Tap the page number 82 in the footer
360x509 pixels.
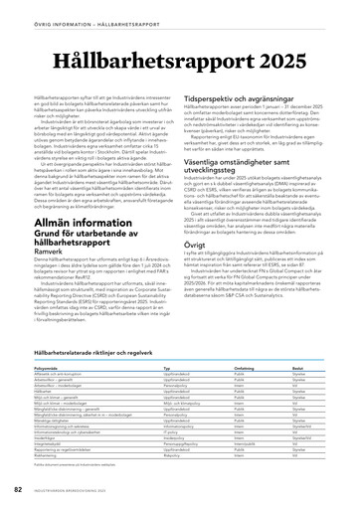(18, 490)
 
